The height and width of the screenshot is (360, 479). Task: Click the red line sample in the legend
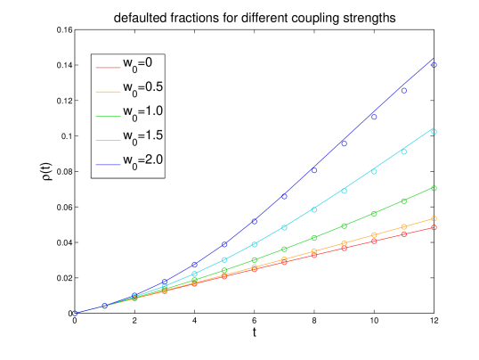tap(108, 65)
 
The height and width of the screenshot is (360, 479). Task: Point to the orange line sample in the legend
tap(108, 90)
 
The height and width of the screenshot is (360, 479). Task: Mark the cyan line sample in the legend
tap(108, 139)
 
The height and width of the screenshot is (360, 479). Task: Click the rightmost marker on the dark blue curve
tap(434, 64)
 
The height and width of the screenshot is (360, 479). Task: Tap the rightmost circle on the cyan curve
tap(434, 131)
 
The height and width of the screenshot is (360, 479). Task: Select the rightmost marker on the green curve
tap(434, 188)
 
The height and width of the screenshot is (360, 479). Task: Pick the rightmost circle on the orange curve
tap(434, 218)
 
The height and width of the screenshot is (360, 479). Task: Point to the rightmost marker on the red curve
tap(434, 227)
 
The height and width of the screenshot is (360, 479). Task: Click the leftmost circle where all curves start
tap(76, 313)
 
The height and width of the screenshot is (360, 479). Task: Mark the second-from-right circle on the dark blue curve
tap(403, 90)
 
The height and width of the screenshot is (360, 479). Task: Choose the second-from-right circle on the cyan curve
tap(403, 151)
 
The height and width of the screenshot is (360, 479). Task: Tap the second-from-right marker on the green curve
tap(403, 201)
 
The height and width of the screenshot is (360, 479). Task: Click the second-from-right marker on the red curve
tap(403, 234)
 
